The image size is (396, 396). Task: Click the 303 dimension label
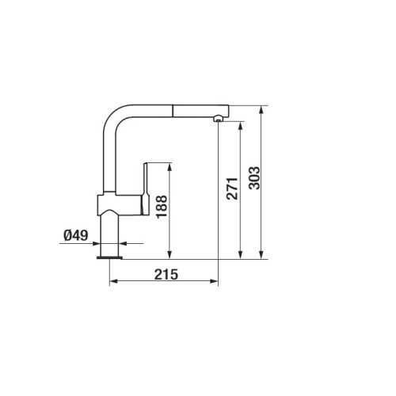(254, 178)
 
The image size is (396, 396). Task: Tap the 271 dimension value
(233, 188)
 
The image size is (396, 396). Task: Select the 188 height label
(162, 207)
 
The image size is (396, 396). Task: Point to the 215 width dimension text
(166, 274)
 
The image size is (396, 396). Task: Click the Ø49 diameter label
(76, 235)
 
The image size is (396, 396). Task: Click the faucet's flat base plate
(109, 257)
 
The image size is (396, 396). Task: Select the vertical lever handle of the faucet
(146, 188)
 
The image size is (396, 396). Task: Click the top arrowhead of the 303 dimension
(261, 109)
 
